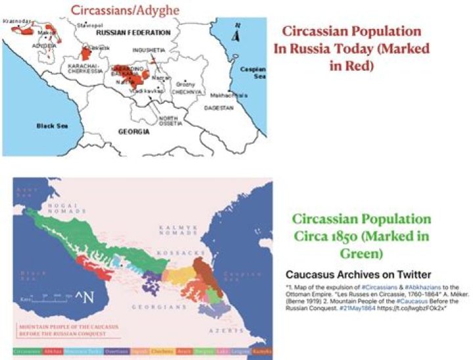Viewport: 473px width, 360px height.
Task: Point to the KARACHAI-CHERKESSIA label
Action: [x=81, y=70]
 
